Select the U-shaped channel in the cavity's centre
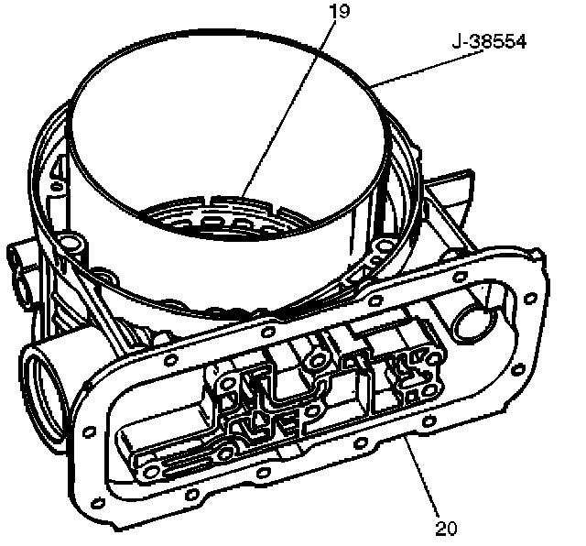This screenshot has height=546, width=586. point(275,389)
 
